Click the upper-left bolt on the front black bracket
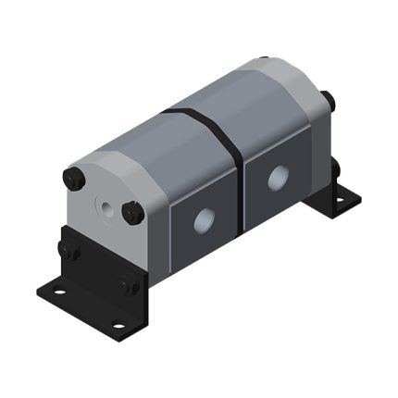[x=68, y=249]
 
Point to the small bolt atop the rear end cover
[x=264, y=61]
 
